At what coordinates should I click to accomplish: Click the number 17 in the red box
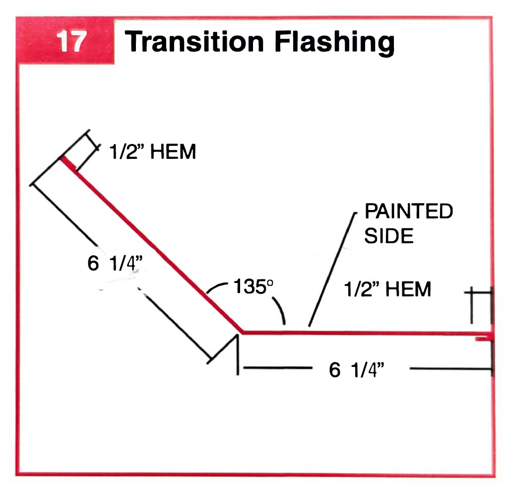point(71,42)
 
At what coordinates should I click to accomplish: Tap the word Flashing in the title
point(333,43)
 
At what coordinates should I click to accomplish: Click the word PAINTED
point(409,211)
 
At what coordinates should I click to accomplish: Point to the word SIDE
point(389,236)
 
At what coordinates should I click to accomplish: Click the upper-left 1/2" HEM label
point(152,152)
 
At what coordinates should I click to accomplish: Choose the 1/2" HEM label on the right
point(387,289)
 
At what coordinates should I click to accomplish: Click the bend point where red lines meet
point(242,331)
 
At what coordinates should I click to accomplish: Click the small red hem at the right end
point(483,339)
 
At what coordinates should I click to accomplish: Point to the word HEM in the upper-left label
point(173,152)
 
